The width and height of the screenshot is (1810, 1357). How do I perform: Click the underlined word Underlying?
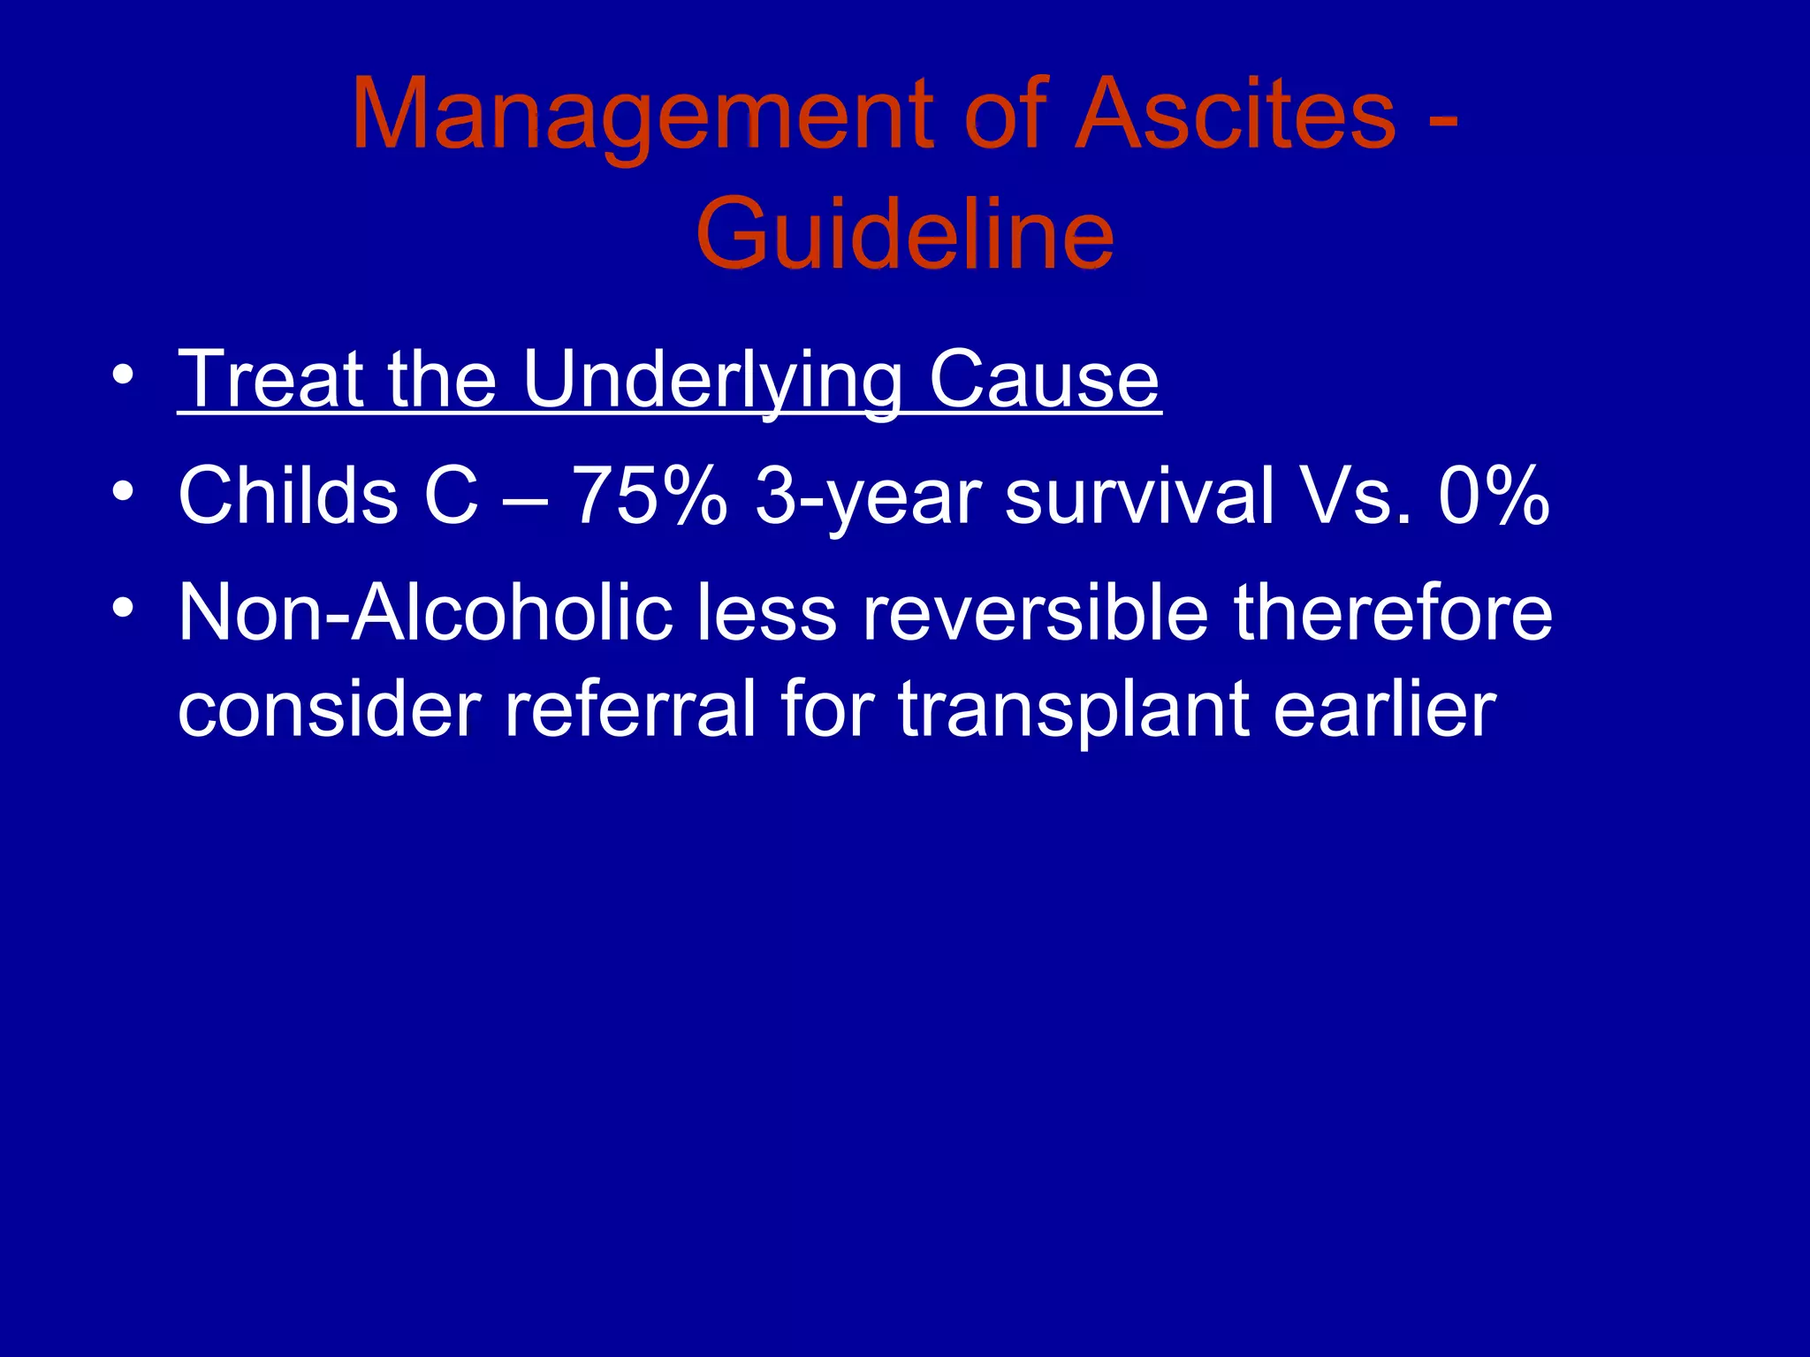click(712, 380)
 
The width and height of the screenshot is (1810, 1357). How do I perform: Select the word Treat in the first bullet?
click(270, 380)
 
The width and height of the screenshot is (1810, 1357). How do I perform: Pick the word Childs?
click(288, 497)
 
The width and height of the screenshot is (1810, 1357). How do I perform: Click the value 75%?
click(650, 497)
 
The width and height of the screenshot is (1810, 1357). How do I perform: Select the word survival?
click(1140, 497)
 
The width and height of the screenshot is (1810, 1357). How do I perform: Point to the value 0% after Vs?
click(1494, 497)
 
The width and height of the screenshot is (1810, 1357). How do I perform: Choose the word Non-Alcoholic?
click(425, 613)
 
